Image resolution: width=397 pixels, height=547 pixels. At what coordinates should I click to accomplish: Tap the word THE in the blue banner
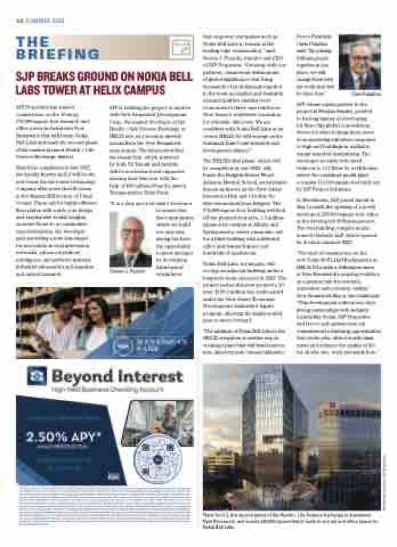(x=33, y=42)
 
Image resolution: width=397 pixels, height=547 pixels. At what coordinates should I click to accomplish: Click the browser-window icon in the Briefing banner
(x=181, y=46)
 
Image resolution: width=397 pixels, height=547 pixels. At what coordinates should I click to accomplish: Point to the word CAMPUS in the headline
(x=144, y=90)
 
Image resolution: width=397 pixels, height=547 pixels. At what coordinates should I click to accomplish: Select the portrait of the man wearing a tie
(x=359, y=63)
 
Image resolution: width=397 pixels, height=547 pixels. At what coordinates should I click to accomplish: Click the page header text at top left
(x=40, y=21)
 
